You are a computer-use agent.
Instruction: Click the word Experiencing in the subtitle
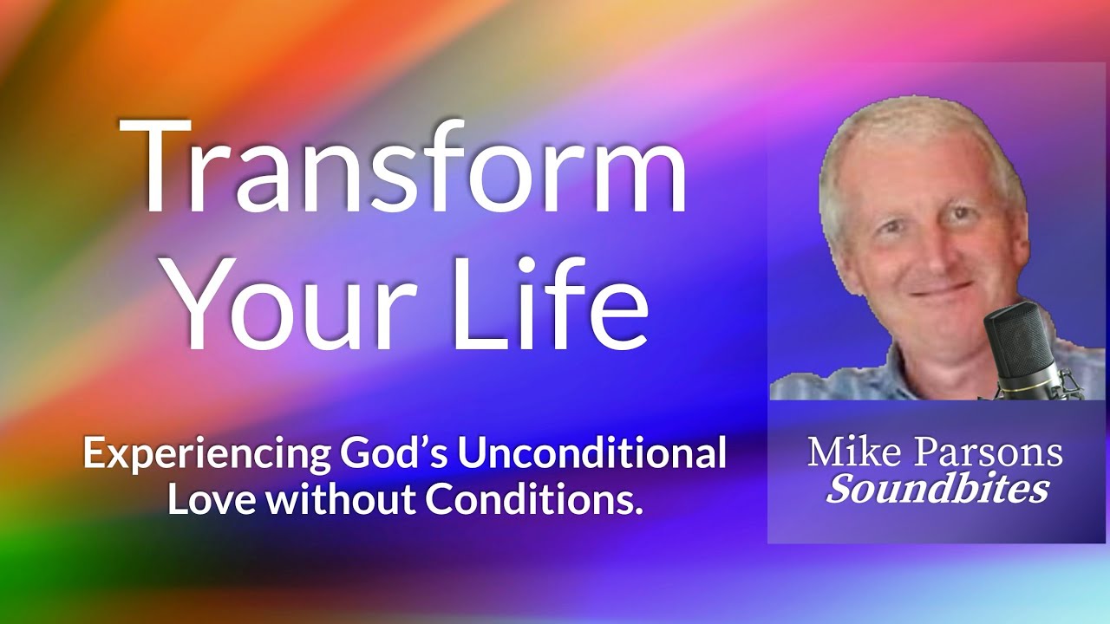[x=206, y=455]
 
